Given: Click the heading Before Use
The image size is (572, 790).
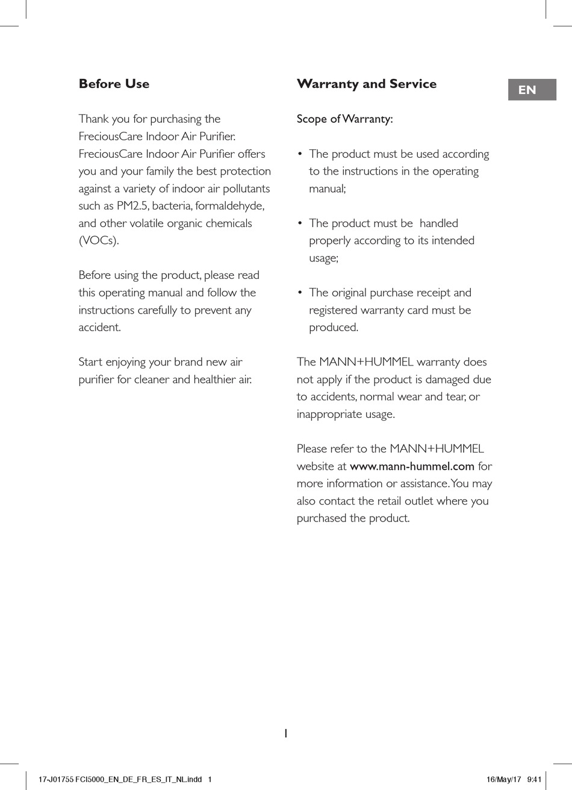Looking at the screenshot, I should coord(114,84).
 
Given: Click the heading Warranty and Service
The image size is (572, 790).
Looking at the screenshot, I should coord(366,84).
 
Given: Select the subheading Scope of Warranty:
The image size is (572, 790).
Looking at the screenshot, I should coord(344,119).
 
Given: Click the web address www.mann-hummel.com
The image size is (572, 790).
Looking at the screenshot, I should coord(412,466).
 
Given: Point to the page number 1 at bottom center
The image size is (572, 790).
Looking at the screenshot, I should coord(286,733).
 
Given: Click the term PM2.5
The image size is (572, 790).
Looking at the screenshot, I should coord(132,206).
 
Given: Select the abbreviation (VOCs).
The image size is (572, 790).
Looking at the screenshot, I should coord(99,241).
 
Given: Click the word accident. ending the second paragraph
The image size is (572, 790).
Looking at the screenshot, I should coord(100,328).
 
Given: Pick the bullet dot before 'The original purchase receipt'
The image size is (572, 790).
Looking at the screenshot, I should coord(300,293).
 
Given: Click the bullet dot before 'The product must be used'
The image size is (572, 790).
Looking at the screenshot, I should coord(300,154).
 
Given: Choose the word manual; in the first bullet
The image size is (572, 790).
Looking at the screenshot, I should coord(328,188).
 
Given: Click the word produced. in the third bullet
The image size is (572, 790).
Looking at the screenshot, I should coord(334,328).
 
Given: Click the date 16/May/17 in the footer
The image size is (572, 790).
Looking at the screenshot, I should coord(503,779).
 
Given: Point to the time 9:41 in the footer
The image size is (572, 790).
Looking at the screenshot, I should coord(534,779).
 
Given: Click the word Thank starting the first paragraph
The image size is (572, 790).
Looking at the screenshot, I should coord(94,119).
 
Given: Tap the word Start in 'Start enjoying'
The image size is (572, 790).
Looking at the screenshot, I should coord(91,362).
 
